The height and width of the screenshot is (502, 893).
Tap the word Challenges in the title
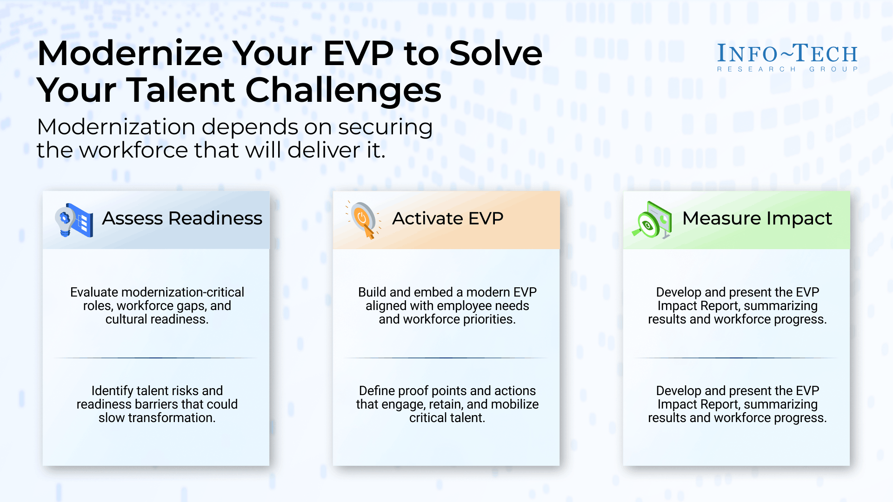point(343,91)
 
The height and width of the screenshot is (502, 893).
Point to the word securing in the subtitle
point(386,127)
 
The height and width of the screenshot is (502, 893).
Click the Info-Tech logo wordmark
point(787,53)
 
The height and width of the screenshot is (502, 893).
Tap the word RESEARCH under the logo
point(757,69)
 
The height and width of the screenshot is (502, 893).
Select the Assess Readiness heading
point(182,218)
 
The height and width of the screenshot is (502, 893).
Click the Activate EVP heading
point(448,218)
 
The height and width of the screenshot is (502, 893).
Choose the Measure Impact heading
point(757,218)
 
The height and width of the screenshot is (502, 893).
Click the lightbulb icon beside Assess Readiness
point(74,220)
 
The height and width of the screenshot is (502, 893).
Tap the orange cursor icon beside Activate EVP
point(364,220)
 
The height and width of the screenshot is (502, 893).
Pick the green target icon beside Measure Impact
point(652,220)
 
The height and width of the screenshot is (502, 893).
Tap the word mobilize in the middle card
point(515,404)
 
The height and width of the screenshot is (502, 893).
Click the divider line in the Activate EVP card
point(446,358)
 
